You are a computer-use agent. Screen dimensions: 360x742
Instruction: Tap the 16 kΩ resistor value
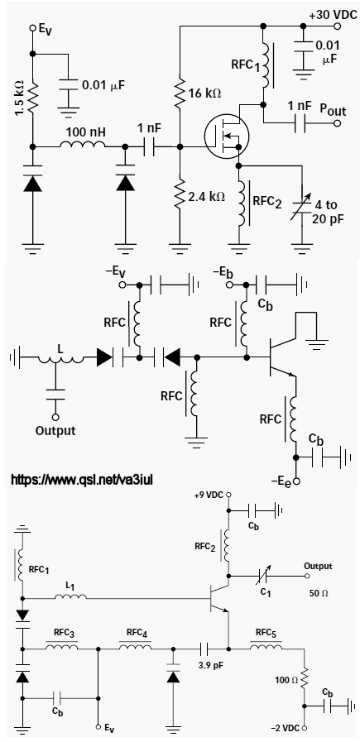tap(204, 93)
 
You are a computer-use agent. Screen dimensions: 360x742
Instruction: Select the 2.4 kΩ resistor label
tap(206, 196)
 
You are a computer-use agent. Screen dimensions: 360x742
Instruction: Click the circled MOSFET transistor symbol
tap(227, 136)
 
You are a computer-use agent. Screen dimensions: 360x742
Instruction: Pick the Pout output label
tap(333, 110)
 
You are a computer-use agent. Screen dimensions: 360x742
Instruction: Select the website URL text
tap(81, 481)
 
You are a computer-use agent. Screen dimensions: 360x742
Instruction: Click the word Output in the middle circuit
tap(56, 431)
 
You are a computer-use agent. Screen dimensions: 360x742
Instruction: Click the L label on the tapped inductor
tap(60, 349)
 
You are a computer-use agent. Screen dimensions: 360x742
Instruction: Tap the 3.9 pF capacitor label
tap(211, 665)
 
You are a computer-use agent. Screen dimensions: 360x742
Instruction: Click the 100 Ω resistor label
tap(286, 681)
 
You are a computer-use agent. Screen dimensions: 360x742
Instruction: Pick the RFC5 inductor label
tap(269, 633)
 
